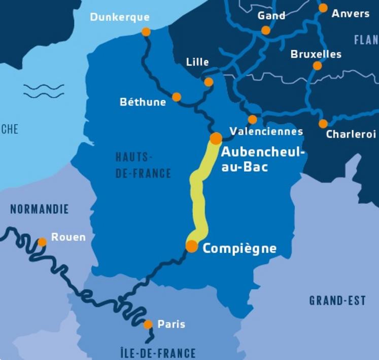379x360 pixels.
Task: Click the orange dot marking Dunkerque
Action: [x=146, y=32]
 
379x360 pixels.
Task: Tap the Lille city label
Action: [x=197, y=62]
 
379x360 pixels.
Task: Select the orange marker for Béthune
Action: [x=177, y=97]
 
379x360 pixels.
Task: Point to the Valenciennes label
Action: [x=266, y=132]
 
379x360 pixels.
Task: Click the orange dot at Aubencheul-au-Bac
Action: [x=216, y=138]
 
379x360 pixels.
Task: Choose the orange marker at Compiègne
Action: [x=192, y=246]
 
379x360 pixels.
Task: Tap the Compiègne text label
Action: [x=239, y=248]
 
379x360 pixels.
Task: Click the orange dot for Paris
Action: [x=148, y=324]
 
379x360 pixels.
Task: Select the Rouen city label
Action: [x=68, y=237]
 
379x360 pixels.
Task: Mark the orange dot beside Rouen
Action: [x=42, y=242]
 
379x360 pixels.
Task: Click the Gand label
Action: [x=271, y=16]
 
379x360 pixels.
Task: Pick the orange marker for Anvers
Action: [x=323, y=8]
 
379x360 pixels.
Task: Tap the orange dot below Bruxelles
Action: [x=318, y=66]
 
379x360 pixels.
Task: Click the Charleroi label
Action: [x=351, y=135]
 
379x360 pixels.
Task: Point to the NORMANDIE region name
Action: [x=39, y=209]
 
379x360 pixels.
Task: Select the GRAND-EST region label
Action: [x=337, y=301]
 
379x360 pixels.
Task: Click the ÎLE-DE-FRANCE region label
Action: [x=158, y=352]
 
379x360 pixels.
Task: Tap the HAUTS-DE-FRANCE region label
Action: [x=143, y=165]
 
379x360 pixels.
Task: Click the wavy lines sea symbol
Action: [x=44, y=91]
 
